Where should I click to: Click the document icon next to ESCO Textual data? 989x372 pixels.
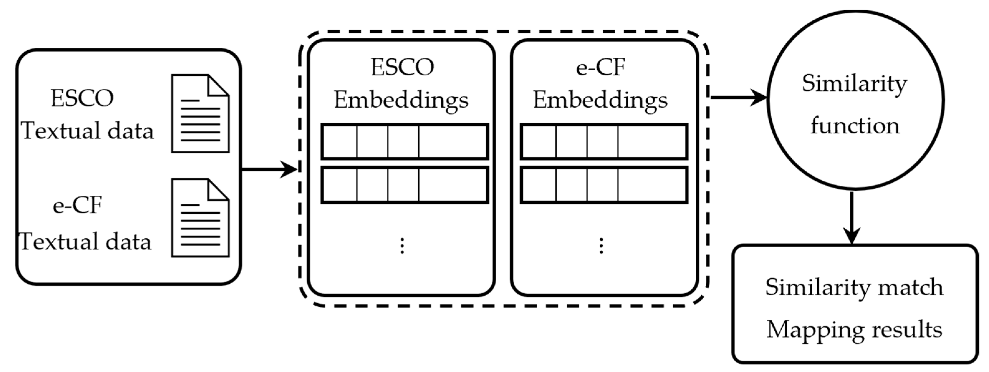tap(200, 114)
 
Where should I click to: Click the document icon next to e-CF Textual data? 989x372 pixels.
tap(200, 218)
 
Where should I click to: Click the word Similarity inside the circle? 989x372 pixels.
tap(854, 84)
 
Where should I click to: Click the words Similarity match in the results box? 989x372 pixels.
tap(854, 287)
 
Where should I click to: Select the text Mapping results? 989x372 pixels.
tap(854, 330)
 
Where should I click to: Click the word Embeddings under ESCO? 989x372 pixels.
tap(401, 101)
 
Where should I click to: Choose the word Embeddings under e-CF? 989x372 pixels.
tap(600, 101)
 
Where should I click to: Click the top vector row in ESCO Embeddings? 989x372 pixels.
tap(405, 141)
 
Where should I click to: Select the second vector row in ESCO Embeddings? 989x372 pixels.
tap(405, 185)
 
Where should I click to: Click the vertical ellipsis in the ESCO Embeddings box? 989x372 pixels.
tap(402, 246)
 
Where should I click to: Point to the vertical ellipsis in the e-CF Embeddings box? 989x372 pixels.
tap(601, 246)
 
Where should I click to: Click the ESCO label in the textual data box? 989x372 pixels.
tap(82, 98)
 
